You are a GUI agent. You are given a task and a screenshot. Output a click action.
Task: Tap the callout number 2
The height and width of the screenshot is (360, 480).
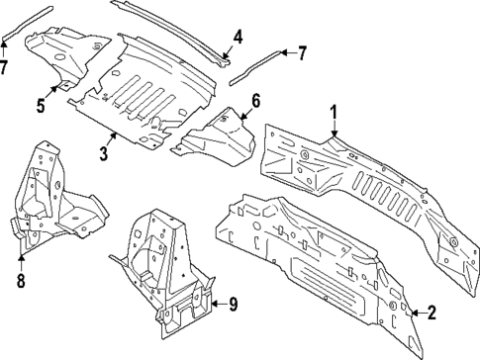coord(431,315)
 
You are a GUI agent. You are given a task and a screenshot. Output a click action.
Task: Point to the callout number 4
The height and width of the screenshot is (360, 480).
coord(238,39)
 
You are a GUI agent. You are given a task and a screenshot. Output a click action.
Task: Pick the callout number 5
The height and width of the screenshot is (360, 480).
coord(41,105)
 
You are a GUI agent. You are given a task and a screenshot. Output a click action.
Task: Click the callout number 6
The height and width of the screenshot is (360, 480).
coord(254,100)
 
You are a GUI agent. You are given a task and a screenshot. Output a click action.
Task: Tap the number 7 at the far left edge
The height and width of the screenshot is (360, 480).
coord(5,66)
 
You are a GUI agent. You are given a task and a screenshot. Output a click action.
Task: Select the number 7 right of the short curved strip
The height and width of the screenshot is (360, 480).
coord(303,51)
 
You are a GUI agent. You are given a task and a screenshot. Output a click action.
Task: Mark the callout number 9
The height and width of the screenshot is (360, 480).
coord(234,304)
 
